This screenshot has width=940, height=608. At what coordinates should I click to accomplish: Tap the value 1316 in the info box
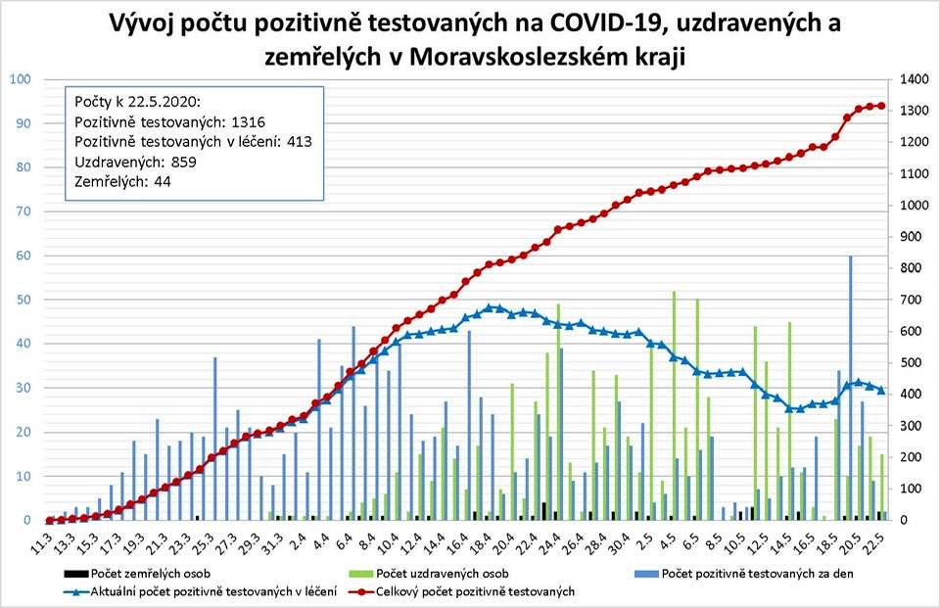[246, 122]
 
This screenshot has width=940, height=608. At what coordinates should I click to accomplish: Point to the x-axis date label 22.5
[881, 538]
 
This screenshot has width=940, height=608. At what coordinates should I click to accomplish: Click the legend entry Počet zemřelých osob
[152, 574]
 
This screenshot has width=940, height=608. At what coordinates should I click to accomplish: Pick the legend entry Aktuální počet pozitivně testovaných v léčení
[211, 591]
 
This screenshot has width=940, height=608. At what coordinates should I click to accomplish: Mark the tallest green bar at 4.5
[674, 405]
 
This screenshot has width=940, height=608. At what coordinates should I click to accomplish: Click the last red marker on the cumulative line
[881, 106]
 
